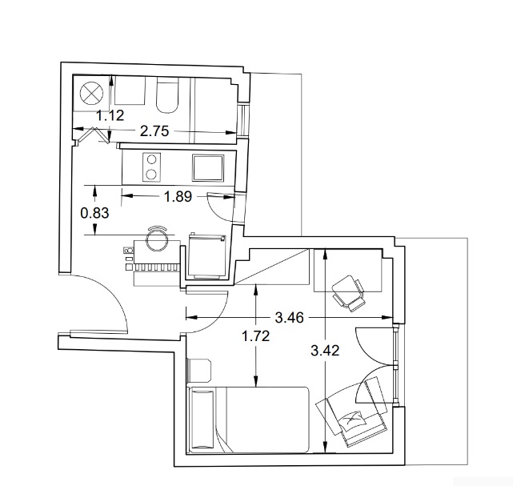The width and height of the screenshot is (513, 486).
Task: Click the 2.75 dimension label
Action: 154,131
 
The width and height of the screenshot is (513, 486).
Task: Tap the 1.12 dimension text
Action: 110,115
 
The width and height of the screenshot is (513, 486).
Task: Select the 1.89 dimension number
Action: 178,197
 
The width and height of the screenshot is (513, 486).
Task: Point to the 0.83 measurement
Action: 94,213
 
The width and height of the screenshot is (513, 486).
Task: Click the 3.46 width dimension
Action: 289,317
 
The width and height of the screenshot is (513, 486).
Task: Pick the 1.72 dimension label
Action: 255,336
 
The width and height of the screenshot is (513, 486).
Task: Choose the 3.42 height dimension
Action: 325,351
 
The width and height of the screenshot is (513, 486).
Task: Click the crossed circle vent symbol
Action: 91,93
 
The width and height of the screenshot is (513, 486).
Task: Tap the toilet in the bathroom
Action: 167,95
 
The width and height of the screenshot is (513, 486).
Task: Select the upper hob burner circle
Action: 151,159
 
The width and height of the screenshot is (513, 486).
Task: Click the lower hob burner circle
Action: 150,174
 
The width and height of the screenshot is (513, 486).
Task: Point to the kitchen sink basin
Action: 208,167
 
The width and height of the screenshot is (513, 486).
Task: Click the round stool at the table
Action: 156,239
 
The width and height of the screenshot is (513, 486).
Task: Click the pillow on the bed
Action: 202,420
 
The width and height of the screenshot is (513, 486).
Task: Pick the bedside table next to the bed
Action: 199,370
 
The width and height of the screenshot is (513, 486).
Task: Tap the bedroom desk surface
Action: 348,270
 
